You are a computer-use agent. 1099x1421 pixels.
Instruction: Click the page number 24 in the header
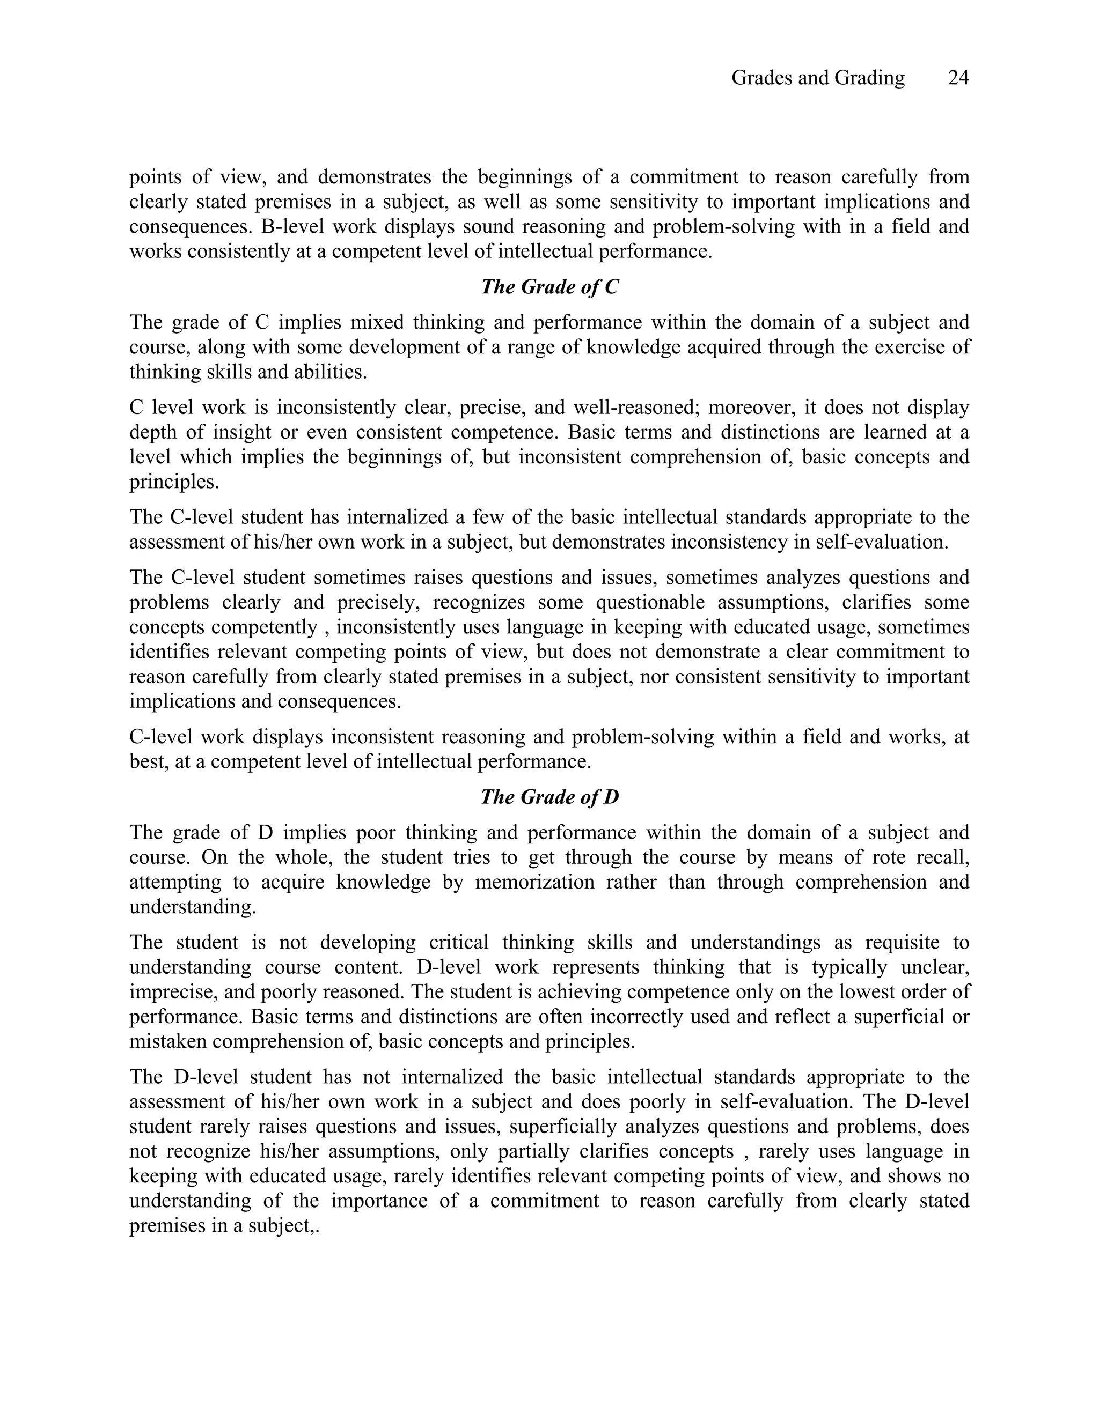pos(958,78)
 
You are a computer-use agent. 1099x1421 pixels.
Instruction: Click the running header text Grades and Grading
pos(818,78)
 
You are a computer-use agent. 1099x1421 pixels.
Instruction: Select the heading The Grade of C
pos(549,287)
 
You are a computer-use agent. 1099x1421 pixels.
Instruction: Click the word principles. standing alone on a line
pos(174,483)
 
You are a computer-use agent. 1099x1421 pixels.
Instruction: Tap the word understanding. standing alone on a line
pos(193,907)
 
